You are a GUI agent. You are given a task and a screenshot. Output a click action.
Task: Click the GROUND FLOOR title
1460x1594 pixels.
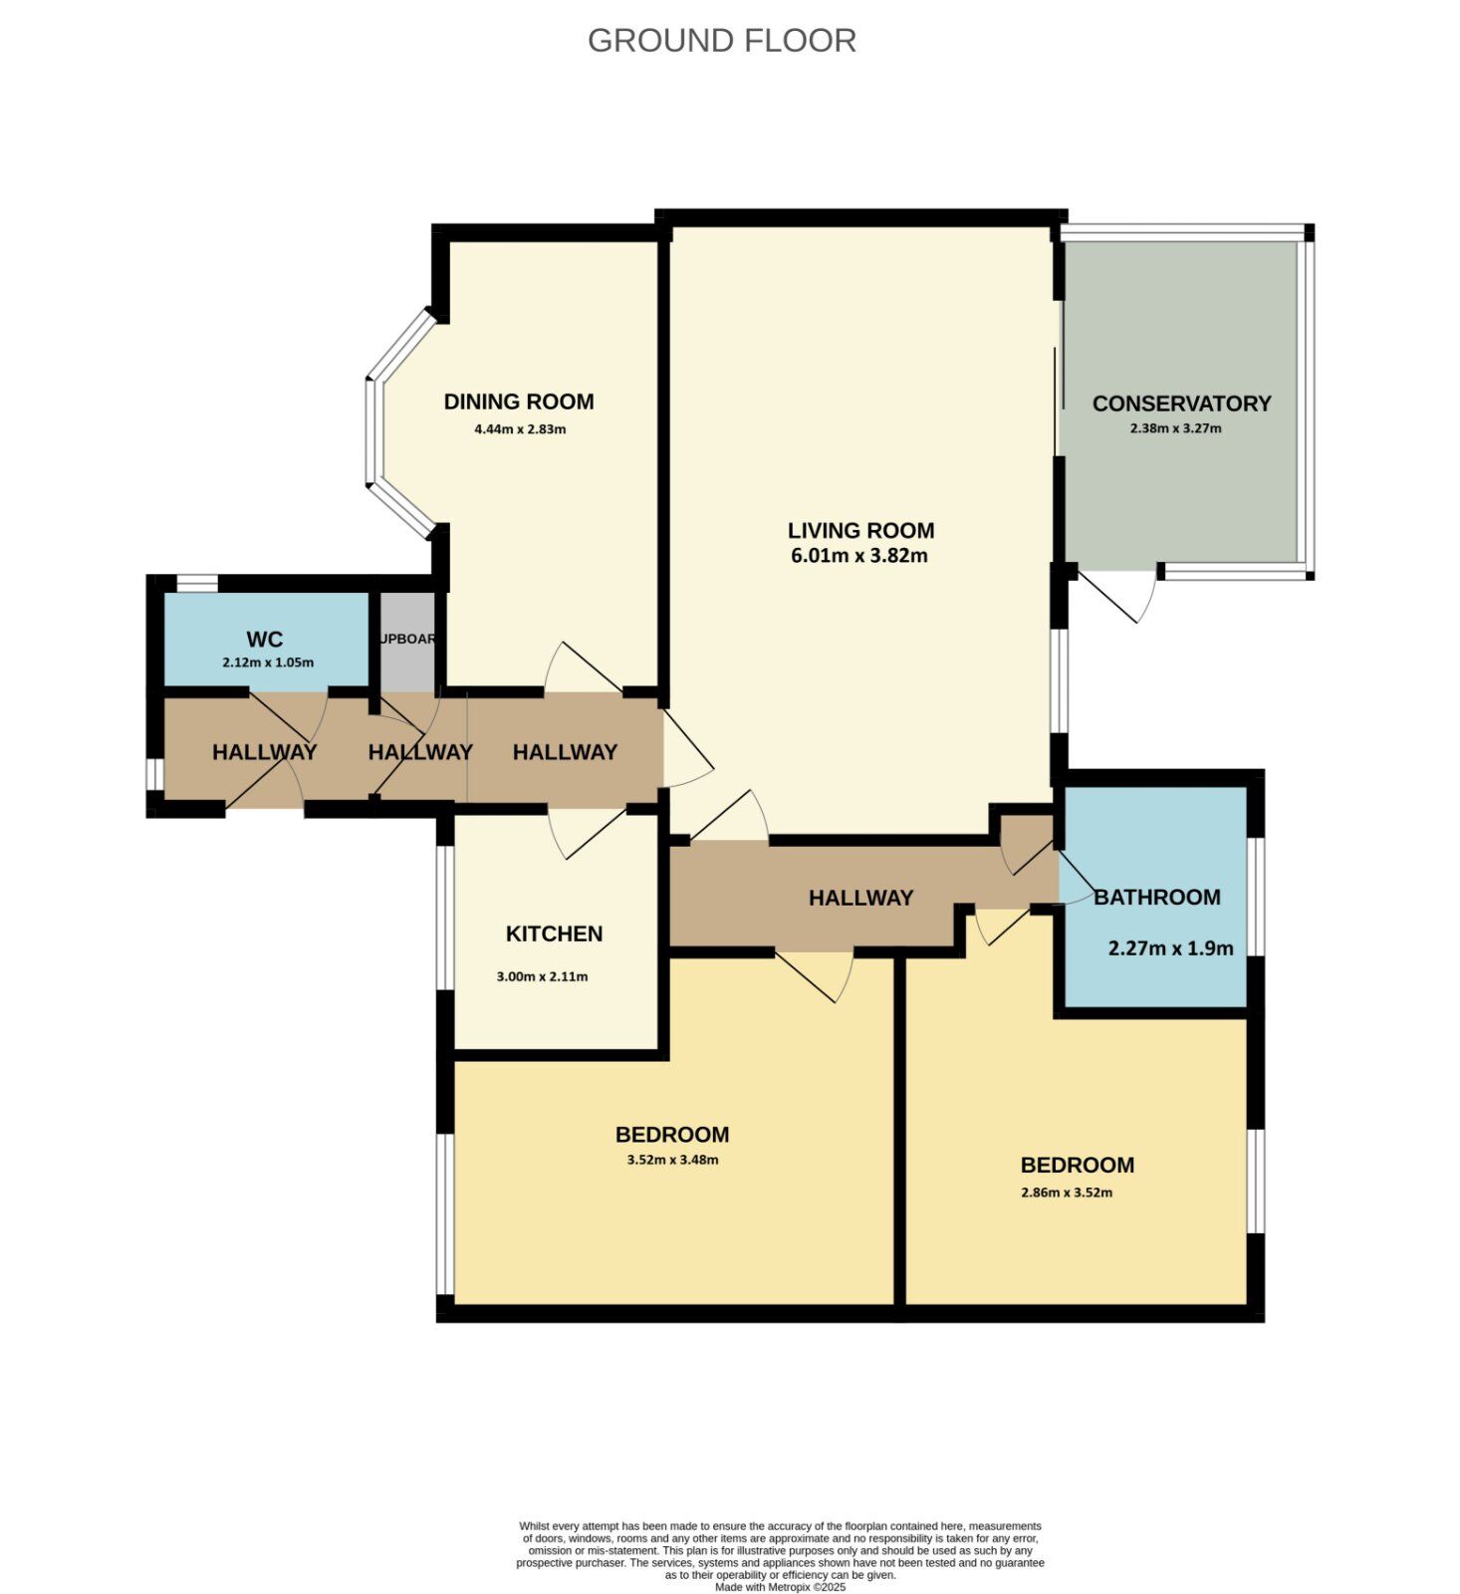tap(721, 41)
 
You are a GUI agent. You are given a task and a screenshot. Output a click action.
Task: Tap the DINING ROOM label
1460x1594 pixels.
tap(518, 401)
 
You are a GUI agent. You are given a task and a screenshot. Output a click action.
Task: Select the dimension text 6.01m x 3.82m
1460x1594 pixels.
tap(858, 556)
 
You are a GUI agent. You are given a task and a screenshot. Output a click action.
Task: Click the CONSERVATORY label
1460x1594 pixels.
tap(1181, 403)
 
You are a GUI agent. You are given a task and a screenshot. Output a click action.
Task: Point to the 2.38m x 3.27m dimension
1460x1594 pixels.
tap(1175, 429)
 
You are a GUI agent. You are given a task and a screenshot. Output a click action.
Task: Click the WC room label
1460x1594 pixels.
tap(265, 640)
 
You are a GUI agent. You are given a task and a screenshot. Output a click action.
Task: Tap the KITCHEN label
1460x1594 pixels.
tap(554, 933)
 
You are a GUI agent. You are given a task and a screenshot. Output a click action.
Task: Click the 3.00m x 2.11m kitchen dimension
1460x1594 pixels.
tap(542, 977)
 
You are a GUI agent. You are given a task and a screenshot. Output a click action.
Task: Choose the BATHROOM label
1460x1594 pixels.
tap(1156, 897)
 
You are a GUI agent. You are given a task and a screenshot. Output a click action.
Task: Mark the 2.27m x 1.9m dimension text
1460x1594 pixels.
tap(1170, 948)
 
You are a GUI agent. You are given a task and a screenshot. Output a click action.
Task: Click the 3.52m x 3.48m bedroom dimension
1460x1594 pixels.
tap(672, 1160)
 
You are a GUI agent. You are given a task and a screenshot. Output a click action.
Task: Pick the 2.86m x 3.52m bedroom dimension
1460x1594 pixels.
tap(1067, 1193)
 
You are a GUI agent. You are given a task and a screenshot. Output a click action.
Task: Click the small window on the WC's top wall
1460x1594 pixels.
tap(197, 583)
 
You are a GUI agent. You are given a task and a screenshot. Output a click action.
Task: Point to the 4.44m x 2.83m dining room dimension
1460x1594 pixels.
tap(520, 430)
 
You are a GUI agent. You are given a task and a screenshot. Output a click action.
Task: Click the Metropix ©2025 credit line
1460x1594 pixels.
tap(780, 1587)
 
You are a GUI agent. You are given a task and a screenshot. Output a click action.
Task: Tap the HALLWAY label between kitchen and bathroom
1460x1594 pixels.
tap(860, 898)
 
